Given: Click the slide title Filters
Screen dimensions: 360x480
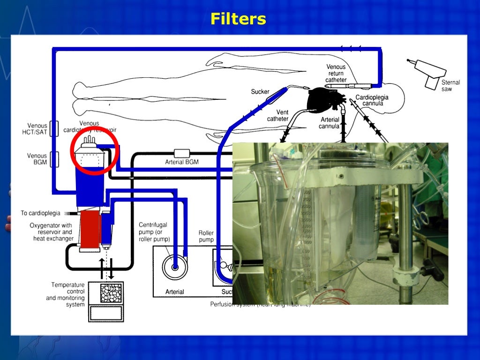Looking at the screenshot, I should pos(238,19).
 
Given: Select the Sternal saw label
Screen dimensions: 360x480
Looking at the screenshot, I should pos(450,85).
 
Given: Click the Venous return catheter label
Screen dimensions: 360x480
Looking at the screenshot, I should pos(336,74).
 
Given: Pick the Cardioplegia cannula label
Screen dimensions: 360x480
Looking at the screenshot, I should pos(372,100).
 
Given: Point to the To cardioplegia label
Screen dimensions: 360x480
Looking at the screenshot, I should pos(40,213).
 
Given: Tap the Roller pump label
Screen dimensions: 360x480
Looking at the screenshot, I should pos(206,236).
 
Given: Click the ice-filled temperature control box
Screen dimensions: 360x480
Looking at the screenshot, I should pos(111,293).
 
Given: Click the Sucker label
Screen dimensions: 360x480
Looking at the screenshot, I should pos(260,91).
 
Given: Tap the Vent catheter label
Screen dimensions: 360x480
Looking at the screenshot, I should pos(277,115).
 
